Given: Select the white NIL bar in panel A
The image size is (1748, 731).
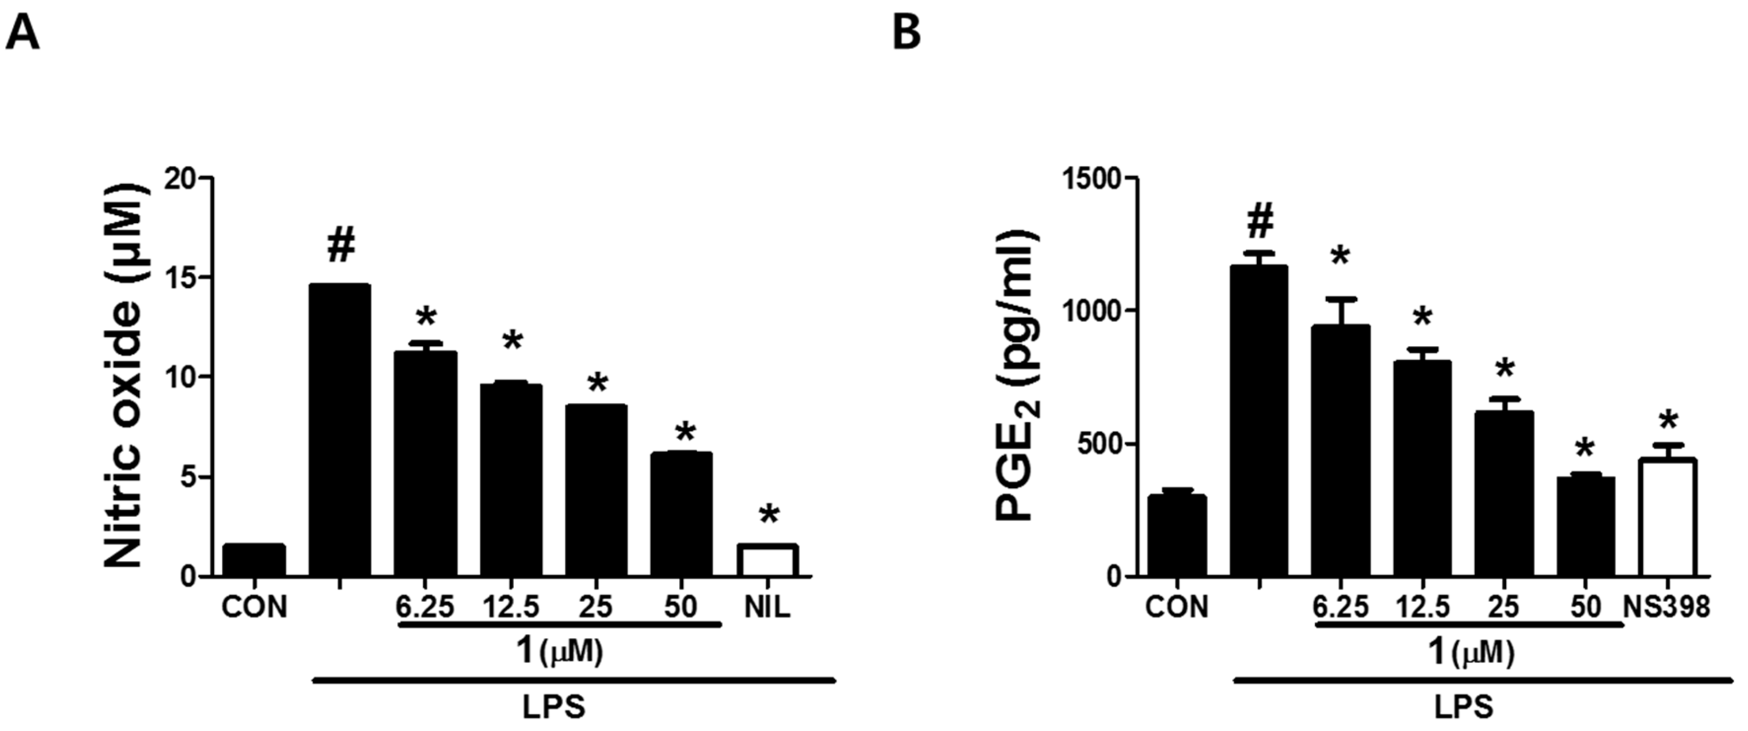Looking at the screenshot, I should tap(768, 561).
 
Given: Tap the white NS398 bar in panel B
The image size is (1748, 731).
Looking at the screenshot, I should tap(1667, 518).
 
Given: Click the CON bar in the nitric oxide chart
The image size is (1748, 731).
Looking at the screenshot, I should tap(255, 561).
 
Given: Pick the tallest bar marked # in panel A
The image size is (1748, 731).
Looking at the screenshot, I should tap(340, 430).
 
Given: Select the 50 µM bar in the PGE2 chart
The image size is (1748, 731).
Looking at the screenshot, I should tap(1585, 527).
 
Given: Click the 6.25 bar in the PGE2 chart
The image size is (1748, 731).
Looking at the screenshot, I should tap(1340, 451).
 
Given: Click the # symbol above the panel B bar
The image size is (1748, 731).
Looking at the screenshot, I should tap(1259, 220).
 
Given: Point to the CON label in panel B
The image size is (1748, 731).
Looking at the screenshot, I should tap(1177, 607).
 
